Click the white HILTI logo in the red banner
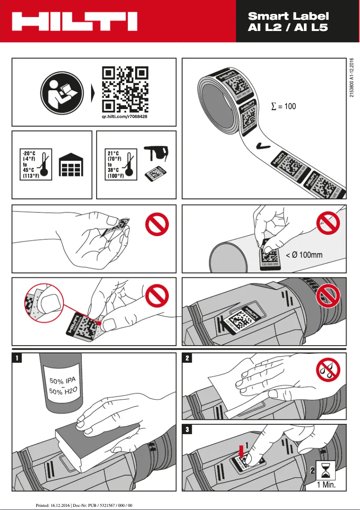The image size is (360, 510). (75, 21)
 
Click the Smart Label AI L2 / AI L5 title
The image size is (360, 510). (288, 22)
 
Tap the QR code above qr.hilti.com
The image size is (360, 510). (125, 89)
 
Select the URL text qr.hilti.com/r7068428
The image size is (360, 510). (125, 117)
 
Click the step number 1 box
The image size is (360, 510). (17, 358)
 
